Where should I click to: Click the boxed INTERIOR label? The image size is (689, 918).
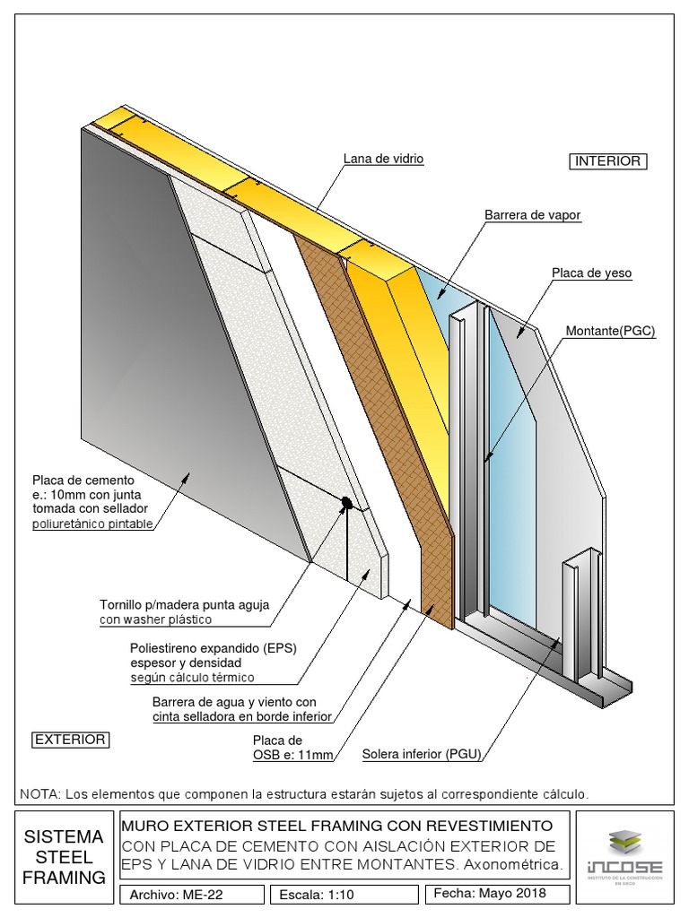[x=607, y=161]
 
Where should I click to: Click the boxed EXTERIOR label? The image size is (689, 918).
[x=70, y=740]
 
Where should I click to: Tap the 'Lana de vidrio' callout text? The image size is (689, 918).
[x=383, y=159]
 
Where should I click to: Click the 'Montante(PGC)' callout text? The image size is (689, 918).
[x=610, y=332]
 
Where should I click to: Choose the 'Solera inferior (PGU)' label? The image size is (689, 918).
[x=421, y=754]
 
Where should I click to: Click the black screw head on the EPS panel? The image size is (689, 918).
[x=345, y=503]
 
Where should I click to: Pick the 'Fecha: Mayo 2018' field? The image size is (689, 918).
[x=489, y=894]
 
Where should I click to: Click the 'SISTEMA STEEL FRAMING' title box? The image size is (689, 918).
[x=64, y=857]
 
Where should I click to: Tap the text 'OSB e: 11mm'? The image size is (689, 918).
[x=292, y=755]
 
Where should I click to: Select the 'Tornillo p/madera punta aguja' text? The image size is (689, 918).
[x=184, y=604]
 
